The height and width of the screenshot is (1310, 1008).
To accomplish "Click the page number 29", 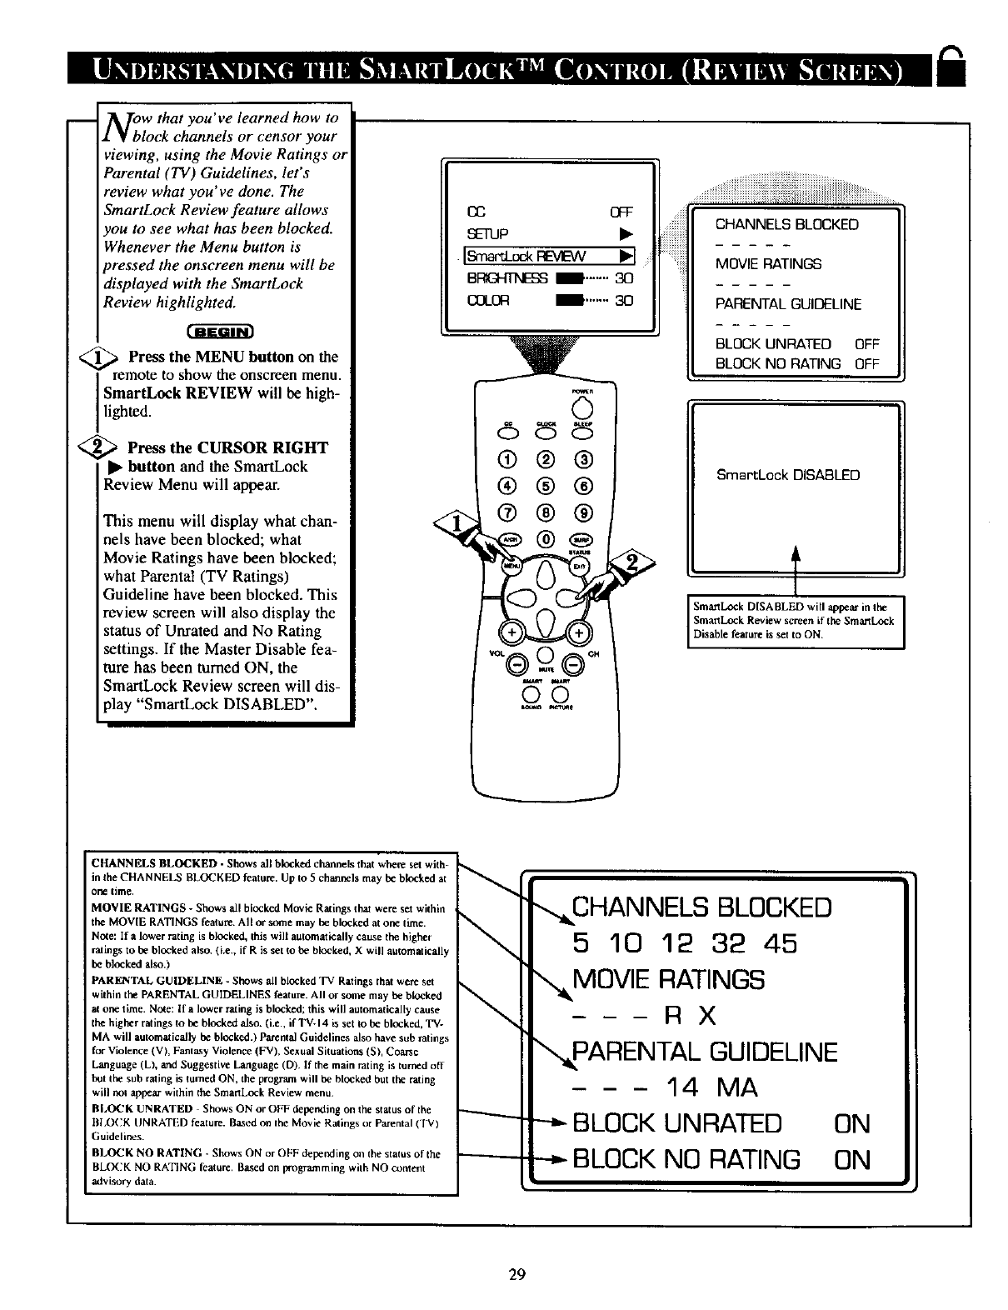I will pos(516,1273).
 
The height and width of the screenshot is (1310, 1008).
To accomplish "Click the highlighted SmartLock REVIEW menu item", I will pos(550,257).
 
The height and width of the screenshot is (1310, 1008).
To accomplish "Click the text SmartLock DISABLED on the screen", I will pos(788,476).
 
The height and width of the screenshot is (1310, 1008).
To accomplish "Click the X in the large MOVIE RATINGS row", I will pos(707,1016).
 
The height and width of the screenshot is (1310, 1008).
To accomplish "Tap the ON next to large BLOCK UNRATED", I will pos(851,1124).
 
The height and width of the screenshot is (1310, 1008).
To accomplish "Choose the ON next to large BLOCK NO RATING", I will pos(851,1160).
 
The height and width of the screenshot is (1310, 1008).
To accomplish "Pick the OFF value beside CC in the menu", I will pos(622,212).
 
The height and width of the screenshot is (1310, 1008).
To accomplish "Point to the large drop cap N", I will pos(113,125).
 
